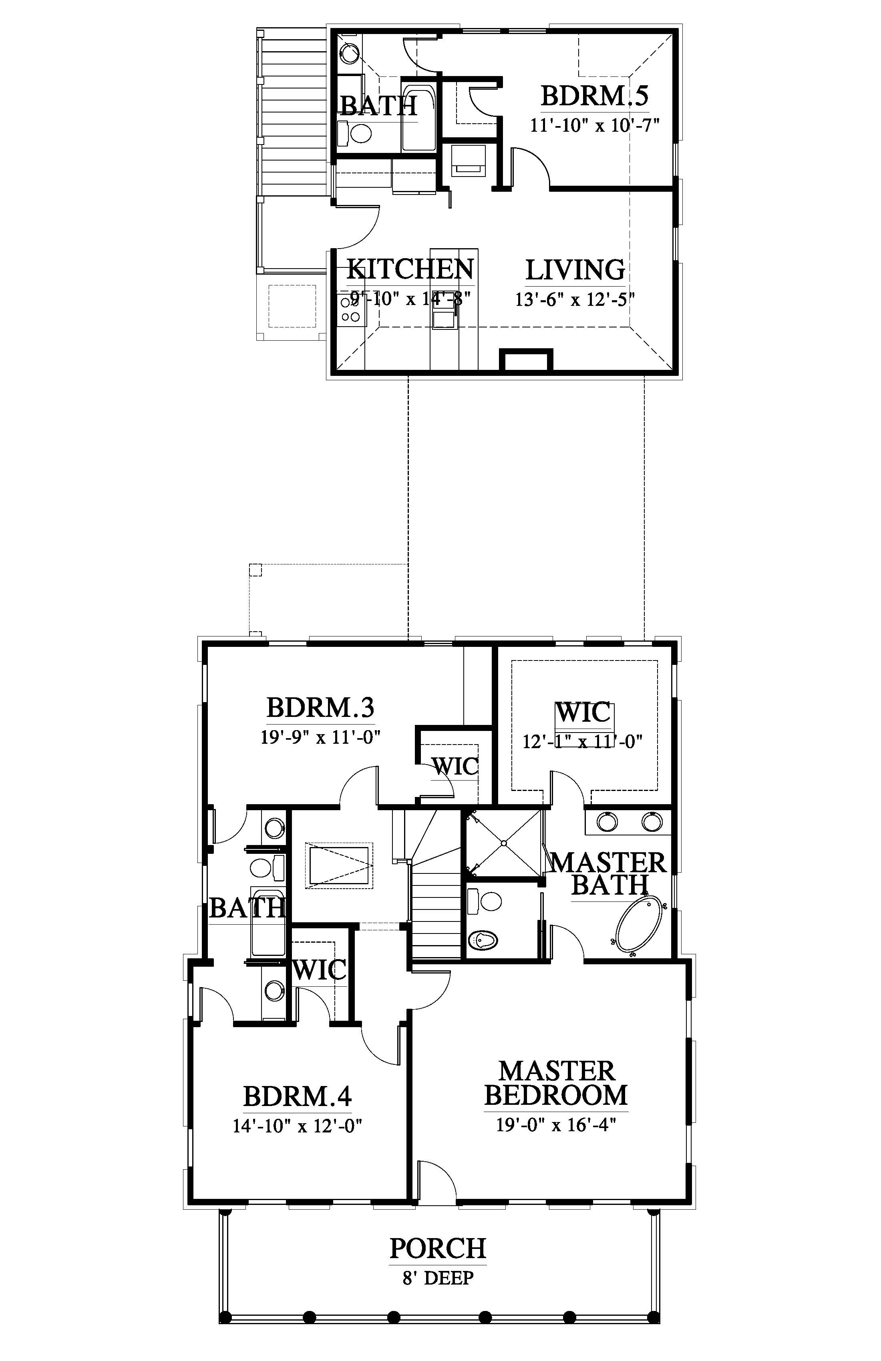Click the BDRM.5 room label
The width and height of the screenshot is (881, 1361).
pos(595,96)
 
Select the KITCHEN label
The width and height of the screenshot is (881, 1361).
pos(410,269)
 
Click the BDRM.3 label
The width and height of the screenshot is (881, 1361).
pos(320,708)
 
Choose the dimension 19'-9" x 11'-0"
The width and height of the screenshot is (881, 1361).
pos(321,737)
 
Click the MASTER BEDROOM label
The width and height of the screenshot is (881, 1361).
pos(556,1083)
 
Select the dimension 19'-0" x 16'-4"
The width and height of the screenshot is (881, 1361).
pos(556,1125)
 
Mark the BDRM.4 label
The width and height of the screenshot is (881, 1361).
pos(298,1097)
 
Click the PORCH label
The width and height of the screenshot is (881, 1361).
pos(438,1249)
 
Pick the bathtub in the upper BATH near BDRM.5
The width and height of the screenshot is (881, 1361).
pos(419,118)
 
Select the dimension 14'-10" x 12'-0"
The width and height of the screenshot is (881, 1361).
pos(298,1126)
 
